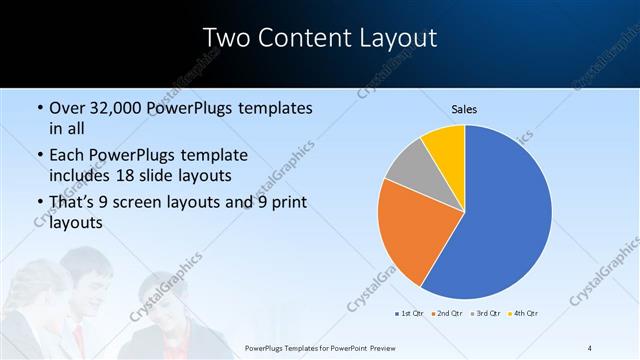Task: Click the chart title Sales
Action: pos(463,108)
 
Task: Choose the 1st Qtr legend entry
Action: pos(409,314)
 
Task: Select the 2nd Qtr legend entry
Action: pos(446,314)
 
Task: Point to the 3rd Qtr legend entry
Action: pos(484,314)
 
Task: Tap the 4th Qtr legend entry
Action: pos(522,314)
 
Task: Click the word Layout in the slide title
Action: pos(401,38)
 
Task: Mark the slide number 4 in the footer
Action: pos(590,347)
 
